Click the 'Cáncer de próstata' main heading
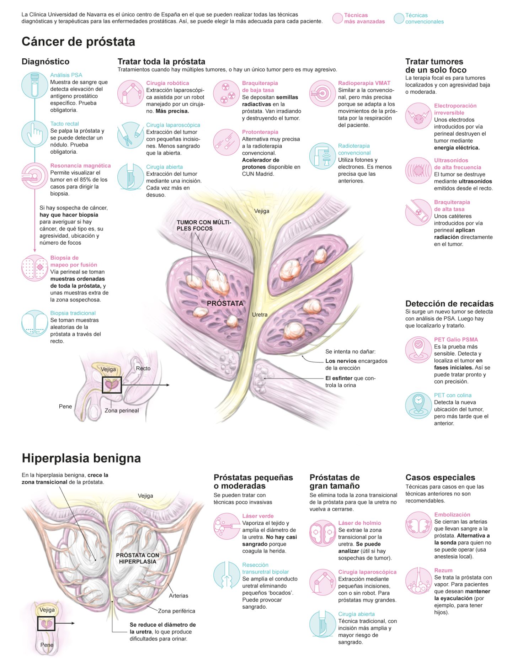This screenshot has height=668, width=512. pos(78,42)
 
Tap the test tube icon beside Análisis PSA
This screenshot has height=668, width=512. pos(34,85)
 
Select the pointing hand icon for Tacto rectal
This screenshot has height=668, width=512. pos(34,134)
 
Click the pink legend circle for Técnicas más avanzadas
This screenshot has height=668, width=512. pos(337,18)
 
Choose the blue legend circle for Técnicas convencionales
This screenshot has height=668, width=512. pos(399,18)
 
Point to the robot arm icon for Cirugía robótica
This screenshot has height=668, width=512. pos(130,93)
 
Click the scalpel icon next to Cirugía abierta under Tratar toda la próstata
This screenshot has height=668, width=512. pos(130,177)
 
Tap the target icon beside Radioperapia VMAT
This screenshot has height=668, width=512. pos(322,93)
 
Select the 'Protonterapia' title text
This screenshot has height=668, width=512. pos(260,132)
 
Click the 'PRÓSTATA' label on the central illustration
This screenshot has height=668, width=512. pos(225,303)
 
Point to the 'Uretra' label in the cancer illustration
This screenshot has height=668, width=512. pos(260,314)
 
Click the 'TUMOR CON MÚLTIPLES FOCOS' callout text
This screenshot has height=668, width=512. pos(204,226)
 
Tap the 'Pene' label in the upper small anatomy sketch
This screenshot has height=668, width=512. pos(65,406)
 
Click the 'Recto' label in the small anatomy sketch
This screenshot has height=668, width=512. pos(143,369)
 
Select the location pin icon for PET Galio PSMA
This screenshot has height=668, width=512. pos(418,350)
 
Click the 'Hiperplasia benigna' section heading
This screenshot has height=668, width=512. pos(81,458)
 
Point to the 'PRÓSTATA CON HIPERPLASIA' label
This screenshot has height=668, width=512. pos(138,558)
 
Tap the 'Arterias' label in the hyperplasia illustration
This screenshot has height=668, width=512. pos(178,595)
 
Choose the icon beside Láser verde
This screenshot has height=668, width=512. pos(227,526)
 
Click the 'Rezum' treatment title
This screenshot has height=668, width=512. pos(443,570)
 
